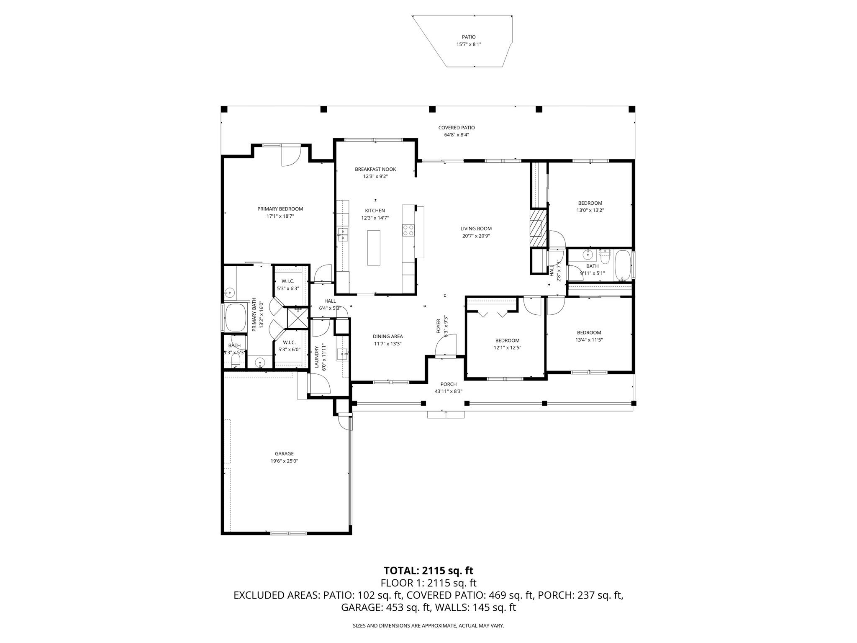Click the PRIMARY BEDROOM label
click(x=280, y=209)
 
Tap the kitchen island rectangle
click(x=374, y=247)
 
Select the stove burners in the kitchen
click(x=408, y=230)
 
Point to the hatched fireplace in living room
click(x=538, y=228)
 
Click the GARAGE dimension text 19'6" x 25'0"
click(x=284, y=461)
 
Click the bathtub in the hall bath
click(x=623, y=266)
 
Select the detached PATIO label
click(x=469, y=37)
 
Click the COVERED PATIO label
click(x=456, y=128)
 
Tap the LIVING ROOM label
click(x=476, y=229)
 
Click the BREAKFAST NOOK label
click(x=375, y=169)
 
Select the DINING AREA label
click(x=387, y=336)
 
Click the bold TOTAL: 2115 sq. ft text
click(x=428, y=571)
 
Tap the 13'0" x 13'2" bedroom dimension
click(x=590, y=211)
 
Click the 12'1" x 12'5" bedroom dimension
click(x=507, y=347)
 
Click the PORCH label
click(x=448, y=384)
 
